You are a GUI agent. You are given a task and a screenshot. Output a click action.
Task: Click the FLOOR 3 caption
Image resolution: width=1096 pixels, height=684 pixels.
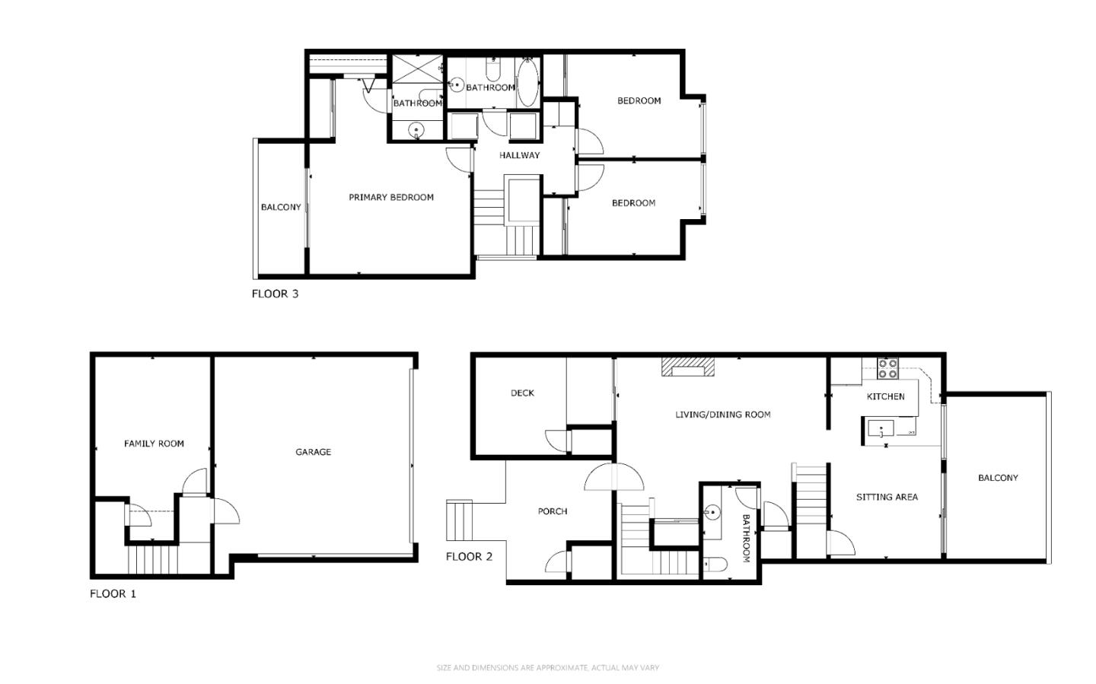click(275, 294)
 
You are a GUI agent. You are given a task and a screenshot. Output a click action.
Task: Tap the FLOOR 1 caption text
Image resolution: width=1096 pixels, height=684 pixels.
click(113, 593)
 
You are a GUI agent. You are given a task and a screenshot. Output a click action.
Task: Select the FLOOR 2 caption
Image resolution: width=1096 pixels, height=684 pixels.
click(469, 556)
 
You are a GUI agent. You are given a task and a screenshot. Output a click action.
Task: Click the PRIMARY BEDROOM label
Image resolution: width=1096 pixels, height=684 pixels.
click(391, 197)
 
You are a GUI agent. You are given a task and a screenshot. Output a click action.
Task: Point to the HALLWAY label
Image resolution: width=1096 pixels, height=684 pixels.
click(519, 155)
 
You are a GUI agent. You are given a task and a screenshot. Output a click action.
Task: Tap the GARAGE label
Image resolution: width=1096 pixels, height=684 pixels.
click(313, 452)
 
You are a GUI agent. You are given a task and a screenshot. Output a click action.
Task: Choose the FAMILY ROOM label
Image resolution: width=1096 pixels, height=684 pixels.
click(154, 444)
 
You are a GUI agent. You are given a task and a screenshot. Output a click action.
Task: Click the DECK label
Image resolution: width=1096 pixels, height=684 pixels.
click(522, 393)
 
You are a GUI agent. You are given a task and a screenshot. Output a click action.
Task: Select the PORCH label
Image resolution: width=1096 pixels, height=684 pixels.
click(553, 511)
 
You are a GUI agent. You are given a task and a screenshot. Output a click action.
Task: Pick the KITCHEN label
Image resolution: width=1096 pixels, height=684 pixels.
click(885, 396)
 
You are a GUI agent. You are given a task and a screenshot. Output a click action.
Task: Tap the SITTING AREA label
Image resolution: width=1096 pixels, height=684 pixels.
click(887, 497)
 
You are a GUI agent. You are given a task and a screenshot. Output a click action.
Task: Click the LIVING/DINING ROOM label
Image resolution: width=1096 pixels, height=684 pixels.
click(722, 415)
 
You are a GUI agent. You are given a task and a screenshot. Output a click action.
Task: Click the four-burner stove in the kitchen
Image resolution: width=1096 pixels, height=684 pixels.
click(887, 369)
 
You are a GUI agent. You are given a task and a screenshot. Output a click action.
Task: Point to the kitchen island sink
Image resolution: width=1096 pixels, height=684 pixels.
click(881, 429)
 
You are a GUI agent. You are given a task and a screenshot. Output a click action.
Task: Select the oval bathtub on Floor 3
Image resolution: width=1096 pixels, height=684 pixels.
click(527, 82)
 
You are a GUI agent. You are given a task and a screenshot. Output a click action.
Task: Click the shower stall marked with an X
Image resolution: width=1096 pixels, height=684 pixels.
click(416, 72)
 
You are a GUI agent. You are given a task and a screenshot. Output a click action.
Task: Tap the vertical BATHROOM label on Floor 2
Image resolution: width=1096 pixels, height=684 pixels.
click(746, 538)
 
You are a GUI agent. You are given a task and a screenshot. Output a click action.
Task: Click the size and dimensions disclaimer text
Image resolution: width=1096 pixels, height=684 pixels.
click(547, 668)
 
